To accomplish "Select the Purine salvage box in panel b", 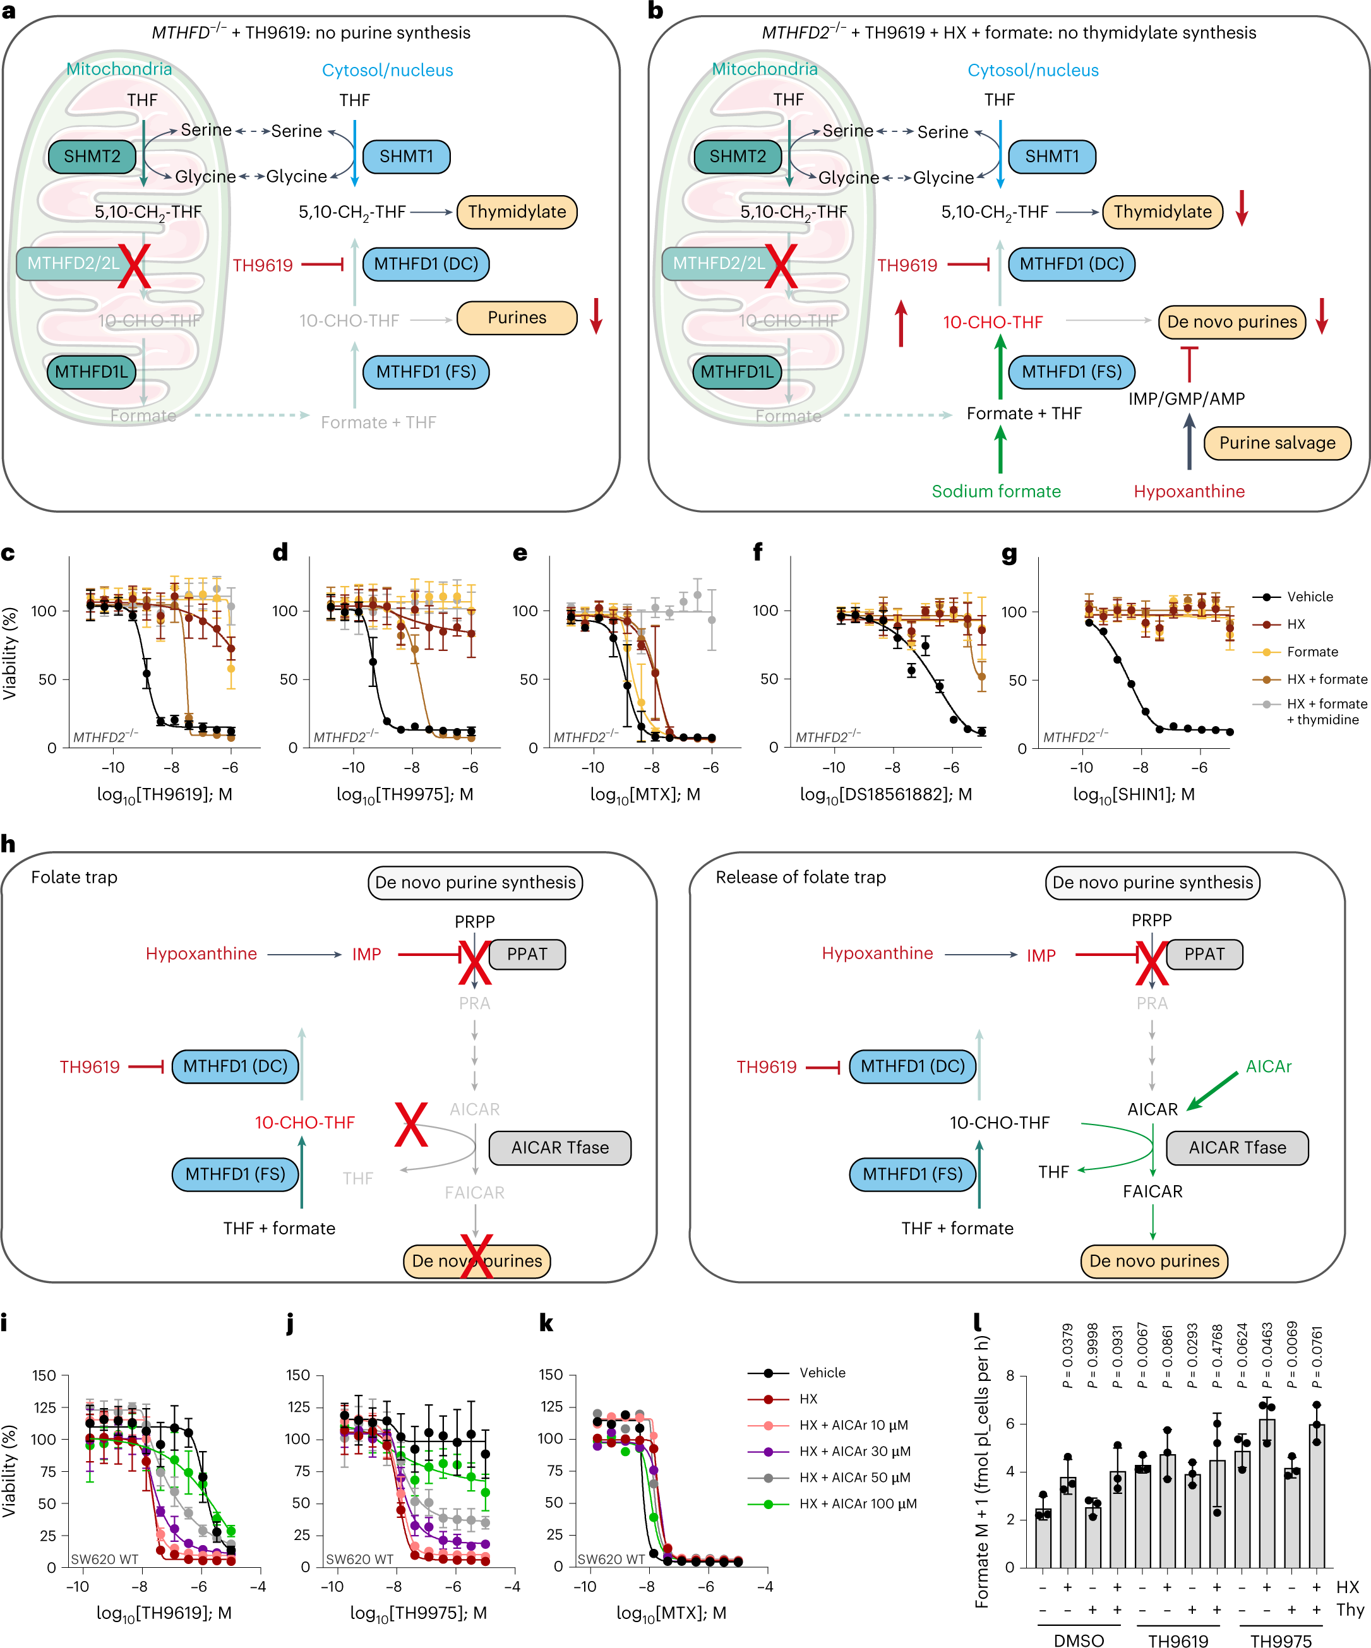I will point(1276,443).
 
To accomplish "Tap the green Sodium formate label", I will point(995,491).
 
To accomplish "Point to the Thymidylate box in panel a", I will point(517,212).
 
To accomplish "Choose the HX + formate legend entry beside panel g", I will point(1326,679).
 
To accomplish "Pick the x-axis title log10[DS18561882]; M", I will point(885,794).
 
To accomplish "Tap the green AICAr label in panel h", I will point(1267,1066).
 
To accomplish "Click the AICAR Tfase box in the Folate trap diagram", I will point(560,1147).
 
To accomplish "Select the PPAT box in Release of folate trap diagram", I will point(1203,954).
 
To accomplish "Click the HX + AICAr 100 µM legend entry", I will point(857,1503).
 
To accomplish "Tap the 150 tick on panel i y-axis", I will point(44,1375).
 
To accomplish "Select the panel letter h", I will point(9,844).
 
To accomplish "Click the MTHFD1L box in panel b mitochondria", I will point(736,371).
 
